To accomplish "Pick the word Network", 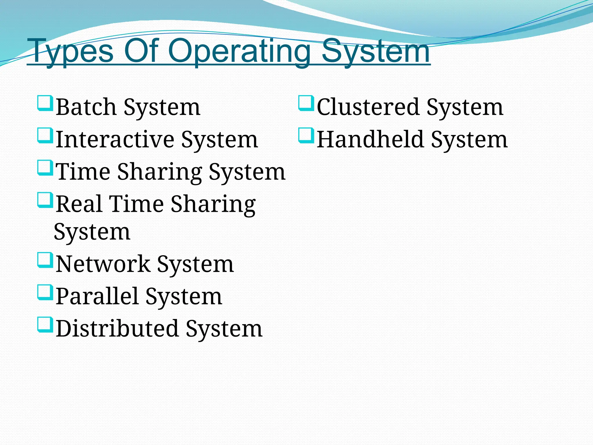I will click(103, 264).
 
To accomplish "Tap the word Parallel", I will click(97, 296).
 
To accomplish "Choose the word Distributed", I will click(117, 329).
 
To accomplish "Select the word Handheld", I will click(370, 140).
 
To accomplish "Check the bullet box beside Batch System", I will click(45, 103).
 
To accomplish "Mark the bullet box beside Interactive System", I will click(45, 136).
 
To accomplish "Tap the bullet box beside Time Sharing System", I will click(45, 168).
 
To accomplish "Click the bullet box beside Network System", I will click(45, 260).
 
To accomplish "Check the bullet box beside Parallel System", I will click(45, 293).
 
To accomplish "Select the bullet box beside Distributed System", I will click(45, 325).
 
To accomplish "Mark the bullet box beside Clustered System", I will click(306, 103).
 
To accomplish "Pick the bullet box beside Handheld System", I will click(306, 136).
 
